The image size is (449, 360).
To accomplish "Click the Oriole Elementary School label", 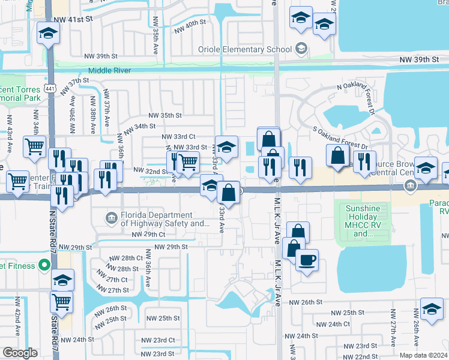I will point(247,49).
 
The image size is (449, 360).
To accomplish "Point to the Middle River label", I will point(110,71).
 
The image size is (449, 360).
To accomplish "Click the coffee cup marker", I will point(307,260).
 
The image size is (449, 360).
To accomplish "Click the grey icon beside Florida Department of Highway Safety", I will point(110,217).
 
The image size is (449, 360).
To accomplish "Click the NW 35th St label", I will point(165,115).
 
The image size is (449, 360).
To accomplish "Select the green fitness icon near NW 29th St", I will point(43,264).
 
